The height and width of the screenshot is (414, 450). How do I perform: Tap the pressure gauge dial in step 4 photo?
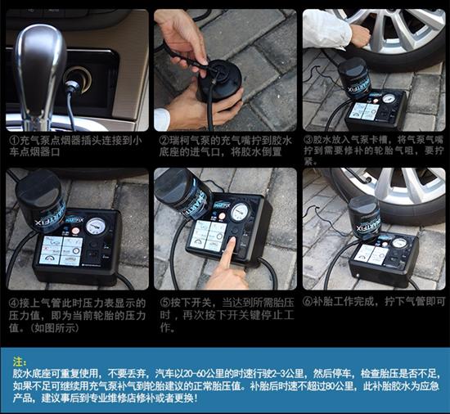pos(96,226)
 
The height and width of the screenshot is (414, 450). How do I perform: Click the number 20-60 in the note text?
pos(202,374)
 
